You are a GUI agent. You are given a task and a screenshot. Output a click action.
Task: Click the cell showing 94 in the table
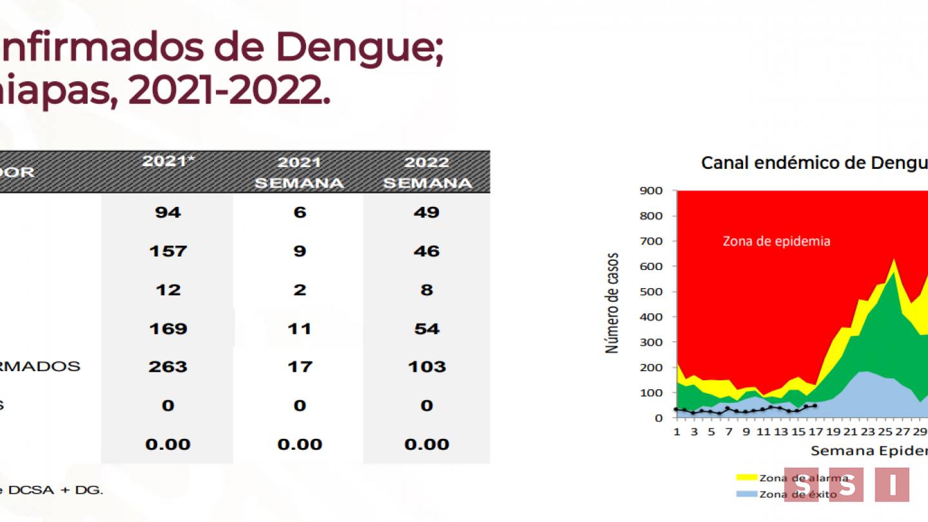click(168, 212)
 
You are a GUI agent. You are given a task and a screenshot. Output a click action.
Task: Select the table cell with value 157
click(168, 251)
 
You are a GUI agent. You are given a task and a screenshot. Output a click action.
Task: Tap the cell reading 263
click(168, 367)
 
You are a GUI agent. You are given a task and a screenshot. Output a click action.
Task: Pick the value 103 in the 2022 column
click(426, 367)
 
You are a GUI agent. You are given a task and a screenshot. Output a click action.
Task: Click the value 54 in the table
click(426, 329)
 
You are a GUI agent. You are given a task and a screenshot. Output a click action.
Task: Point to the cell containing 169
click(168, 329)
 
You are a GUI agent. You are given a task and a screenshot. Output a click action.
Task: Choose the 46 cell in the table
click(426, 251)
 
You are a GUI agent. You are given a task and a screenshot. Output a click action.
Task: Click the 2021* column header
click(168, 161)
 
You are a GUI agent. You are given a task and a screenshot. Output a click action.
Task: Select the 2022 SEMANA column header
click(427, 173)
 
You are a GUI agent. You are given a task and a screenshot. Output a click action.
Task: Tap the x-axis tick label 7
click(728, 432)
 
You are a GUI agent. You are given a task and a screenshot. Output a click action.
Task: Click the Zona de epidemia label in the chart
click(776, 241)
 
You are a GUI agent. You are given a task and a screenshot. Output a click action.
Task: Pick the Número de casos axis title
click(612, 303)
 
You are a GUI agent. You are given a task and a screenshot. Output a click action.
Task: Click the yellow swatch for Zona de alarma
click(746, 478)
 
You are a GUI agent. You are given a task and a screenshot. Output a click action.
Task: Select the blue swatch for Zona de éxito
click(746, 494)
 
